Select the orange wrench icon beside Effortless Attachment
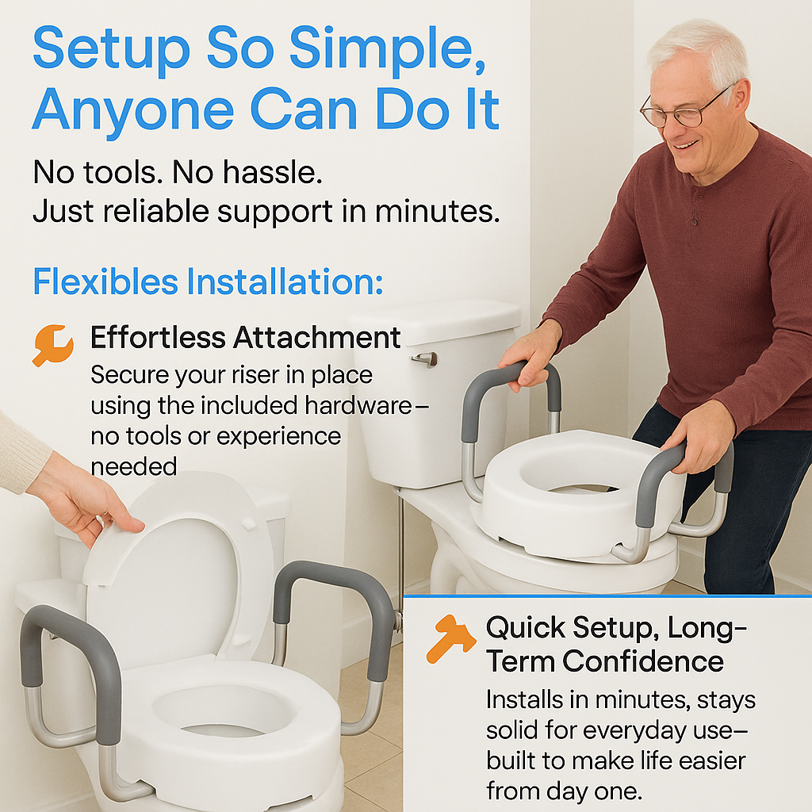52,345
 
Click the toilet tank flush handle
425,358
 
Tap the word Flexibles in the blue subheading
105,282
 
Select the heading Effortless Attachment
245,338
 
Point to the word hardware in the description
357,405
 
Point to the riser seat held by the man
579,492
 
